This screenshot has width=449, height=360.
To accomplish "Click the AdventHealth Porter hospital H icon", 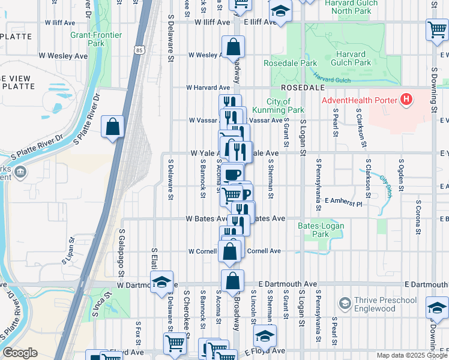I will pos(407,99).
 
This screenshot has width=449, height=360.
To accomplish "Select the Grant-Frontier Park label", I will pos(88,39).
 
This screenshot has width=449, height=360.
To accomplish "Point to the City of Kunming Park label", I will pos(285,106).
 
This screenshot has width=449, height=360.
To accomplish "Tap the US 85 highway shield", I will pos(139,50).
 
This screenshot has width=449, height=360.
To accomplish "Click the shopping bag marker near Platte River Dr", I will pos(112,127).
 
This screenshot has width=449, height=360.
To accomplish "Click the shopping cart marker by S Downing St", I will pos(436,29).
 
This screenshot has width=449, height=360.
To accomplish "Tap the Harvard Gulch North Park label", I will pos(351,7).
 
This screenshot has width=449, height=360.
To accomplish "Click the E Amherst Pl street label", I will pos(343,203).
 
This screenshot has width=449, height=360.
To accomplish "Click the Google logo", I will pos(20,353).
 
